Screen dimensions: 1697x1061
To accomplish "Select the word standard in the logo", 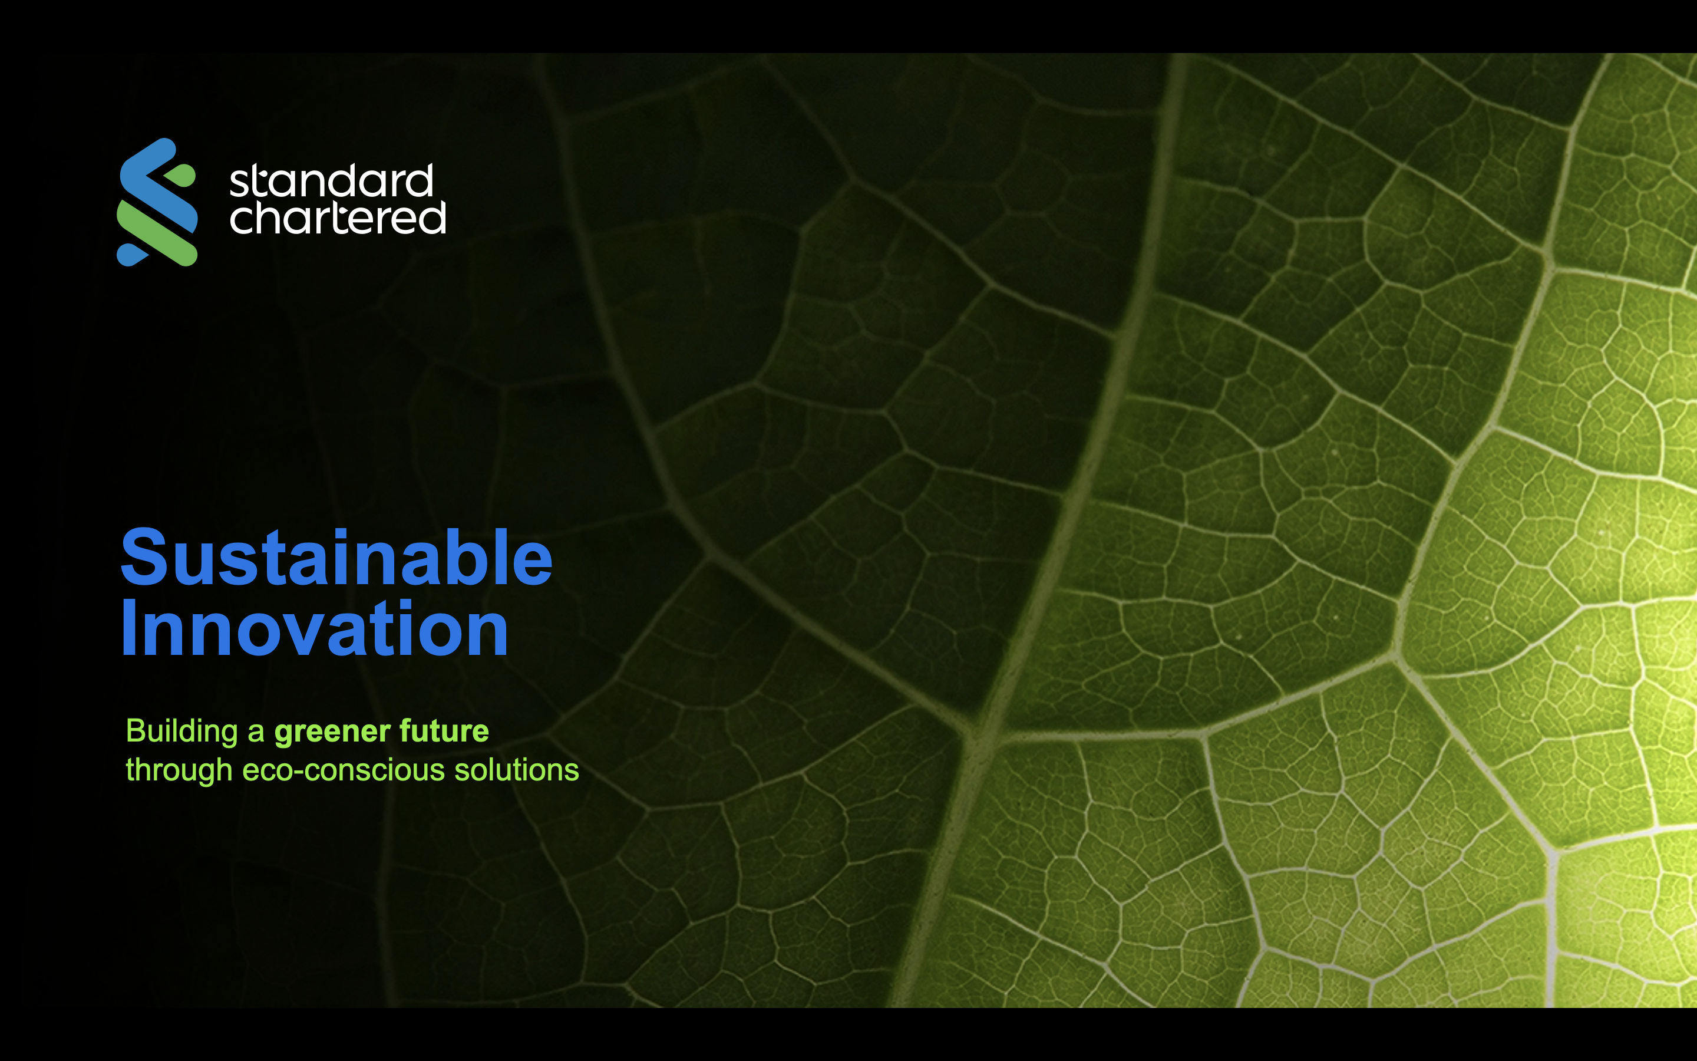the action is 332,182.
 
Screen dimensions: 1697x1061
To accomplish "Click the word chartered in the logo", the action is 337,218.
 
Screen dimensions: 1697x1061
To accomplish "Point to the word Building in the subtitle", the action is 182,732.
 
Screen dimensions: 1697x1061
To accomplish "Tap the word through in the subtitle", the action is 179,770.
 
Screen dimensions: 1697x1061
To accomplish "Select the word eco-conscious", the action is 344,770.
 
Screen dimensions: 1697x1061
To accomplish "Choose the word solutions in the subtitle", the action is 517,770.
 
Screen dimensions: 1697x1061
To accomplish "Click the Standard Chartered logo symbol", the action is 157,202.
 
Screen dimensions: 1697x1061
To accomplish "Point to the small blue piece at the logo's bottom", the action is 133,255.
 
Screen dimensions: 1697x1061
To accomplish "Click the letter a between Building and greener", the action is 256,734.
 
